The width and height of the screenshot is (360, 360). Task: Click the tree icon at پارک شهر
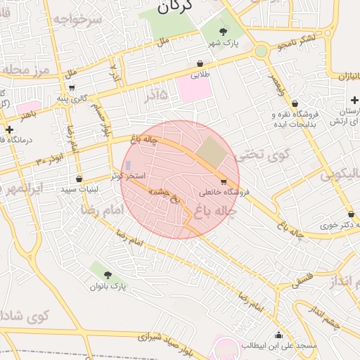(x=224, y=31)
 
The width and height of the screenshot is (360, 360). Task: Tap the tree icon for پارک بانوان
(x=108, y=275)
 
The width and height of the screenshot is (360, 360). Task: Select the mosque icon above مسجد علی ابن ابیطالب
(x=279, y=335)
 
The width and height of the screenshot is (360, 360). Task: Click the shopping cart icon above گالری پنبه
(x=72, y=88)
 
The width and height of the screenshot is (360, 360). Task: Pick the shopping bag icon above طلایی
(x=200, y=63)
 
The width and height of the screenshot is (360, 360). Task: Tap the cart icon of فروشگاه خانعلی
(x=224, y=181)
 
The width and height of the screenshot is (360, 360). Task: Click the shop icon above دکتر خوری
(x=349, y=214)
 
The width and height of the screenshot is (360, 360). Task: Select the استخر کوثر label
(x=128, y=175)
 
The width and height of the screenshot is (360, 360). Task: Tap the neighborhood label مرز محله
(x=23, y=70)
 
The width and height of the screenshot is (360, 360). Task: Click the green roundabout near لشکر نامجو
(x=262, y=51)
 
